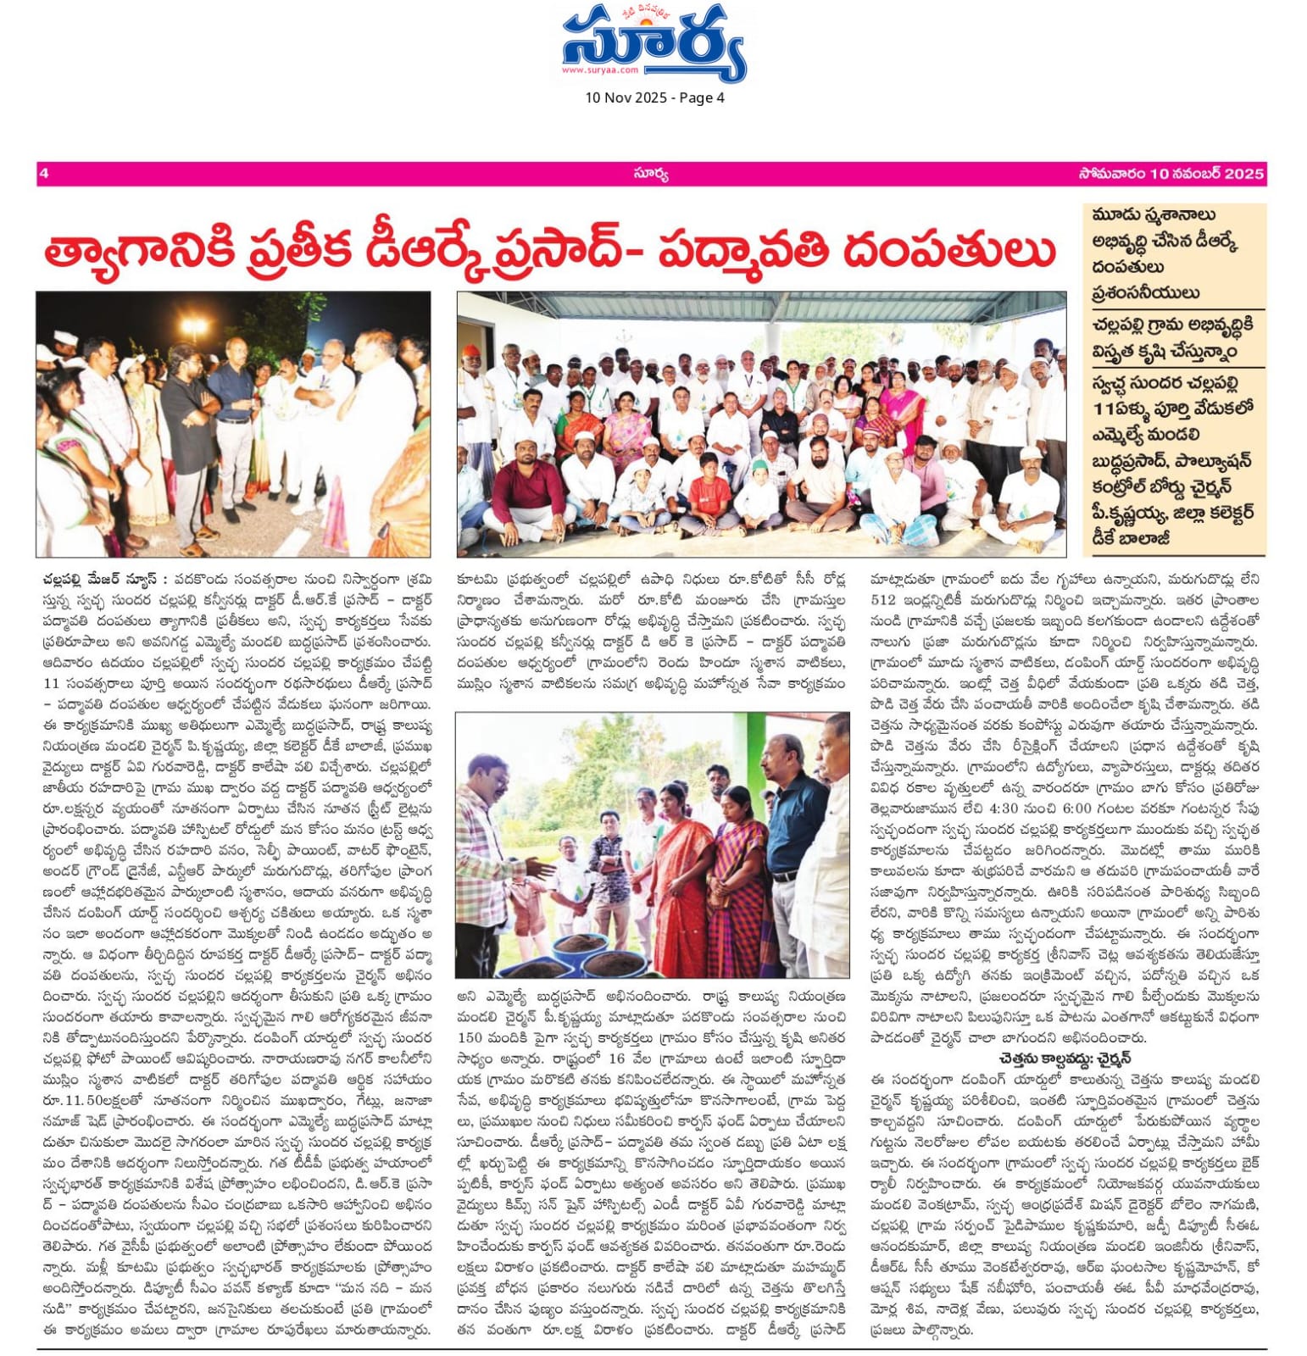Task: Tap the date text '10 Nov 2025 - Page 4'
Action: tap(654, 97)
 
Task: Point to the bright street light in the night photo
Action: tap(194, 325)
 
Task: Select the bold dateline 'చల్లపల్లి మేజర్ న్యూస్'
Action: tap(102, 580)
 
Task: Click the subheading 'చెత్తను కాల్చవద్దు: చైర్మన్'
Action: tap(1065, 1059)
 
